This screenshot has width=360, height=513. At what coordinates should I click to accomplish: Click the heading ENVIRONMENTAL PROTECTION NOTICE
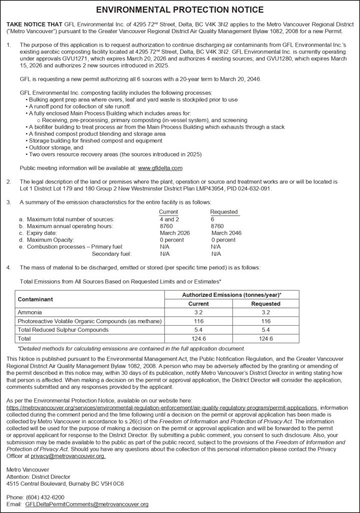pyautogui.click(x=180, y=10)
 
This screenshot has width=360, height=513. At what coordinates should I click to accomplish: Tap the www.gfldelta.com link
pyautogui.click(x=160, y=168)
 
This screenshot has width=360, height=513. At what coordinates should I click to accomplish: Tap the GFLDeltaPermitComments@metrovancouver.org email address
pyautogui.click(x=87, y=504)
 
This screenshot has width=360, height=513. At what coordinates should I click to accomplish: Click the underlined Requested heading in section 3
pyautogui.click(x=224, y=212)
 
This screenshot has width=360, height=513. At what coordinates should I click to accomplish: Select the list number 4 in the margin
pyautogui.click(x=9, y=268)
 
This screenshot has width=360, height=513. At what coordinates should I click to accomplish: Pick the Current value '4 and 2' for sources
pyautogui.click(x=169, y=219)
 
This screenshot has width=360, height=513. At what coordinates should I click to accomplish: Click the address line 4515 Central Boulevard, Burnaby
pyautogui.click(x=65, y=484)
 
